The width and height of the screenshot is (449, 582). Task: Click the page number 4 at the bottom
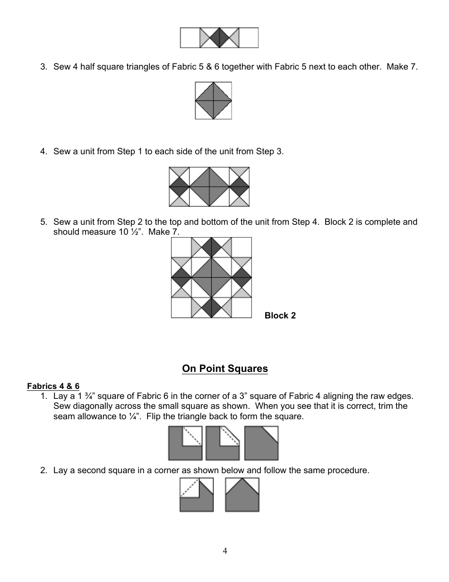tap(225, 550)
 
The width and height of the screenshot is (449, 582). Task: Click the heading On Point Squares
tap(225, 369)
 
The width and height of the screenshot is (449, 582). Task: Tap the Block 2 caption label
tap(280, 316)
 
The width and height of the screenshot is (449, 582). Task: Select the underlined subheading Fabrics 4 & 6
tap(53, 386)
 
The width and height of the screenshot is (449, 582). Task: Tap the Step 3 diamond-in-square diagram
tap(214, 100)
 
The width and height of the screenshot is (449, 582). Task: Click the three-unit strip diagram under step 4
tap(209, 187)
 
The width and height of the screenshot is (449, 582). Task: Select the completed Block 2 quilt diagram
tap(211, 277)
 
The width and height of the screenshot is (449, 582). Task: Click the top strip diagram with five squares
tap(219, 38)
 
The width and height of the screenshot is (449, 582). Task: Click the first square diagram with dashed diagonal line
tap(185, 443)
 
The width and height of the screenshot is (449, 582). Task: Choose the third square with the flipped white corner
tap(261, 443)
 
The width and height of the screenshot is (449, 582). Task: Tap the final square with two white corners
tap(242, 495)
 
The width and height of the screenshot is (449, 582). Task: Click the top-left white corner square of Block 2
tap(181, 247)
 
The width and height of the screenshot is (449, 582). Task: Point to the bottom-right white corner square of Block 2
tap(242, 308)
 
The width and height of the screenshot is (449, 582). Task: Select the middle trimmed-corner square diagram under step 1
tap(223, 443)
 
